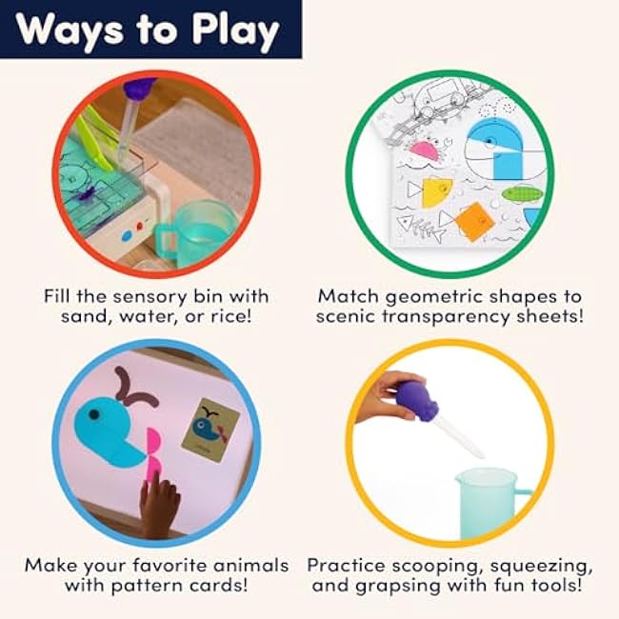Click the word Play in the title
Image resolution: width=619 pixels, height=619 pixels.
point(235,30)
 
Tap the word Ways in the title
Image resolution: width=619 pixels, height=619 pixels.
point(70,30)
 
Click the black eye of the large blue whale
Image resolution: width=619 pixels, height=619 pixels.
point(93,415)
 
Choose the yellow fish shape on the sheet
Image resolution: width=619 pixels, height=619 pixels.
point(436,192)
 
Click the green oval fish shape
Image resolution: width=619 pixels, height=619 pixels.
point(522,194)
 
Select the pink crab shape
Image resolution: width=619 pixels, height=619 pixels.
point(427,151)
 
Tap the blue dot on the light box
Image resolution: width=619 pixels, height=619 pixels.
point(127,235)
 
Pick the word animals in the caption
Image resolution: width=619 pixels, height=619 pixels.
point(250,565)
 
